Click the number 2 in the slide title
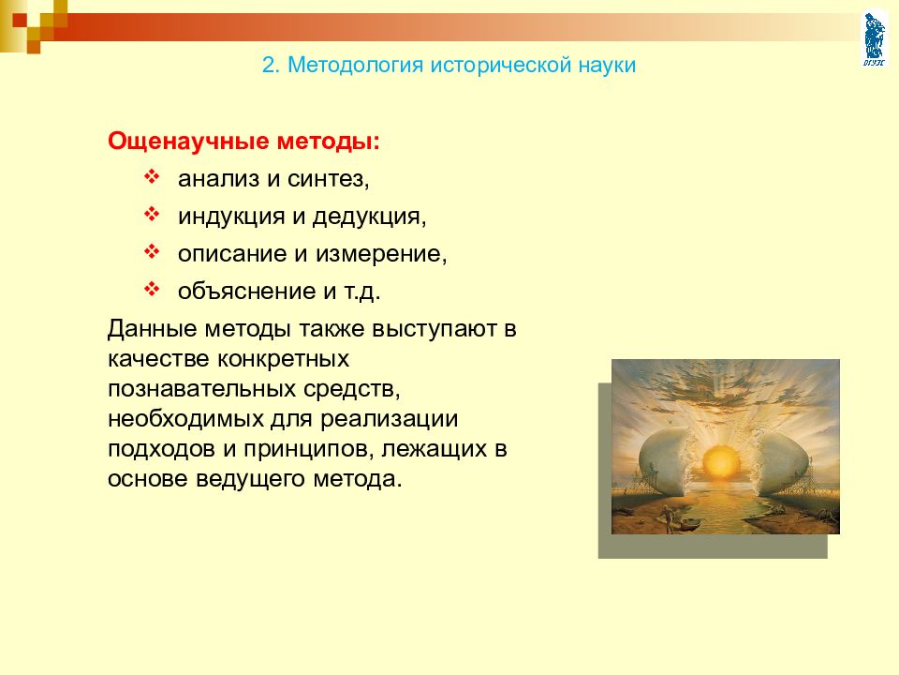[269, 65]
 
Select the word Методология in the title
[356, 66]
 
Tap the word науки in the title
[607, 66]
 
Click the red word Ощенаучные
[188, 142]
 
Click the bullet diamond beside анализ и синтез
[152, 177]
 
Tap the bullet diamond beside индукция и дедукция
[152, 215]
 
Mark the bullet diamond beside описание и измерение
[152, 252]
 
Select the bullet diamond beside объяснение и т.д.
[152, 290]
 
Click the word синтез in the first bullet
[328, 179]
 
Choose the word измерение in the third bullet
[381, 254]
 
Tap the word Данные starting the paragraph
[153, 329]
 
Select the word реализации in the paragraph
[389, 420]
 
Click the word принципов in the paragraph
[308, 449]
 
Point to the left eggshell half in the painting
[665, 459]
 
